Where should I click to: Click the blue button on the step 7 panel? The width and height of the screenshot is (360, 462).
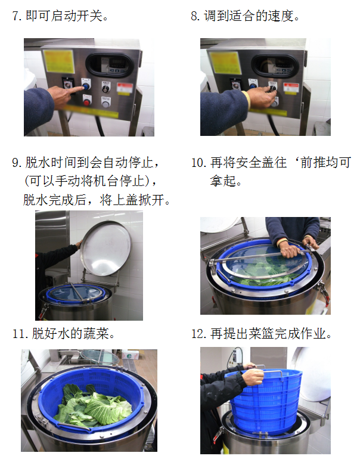[86, 86]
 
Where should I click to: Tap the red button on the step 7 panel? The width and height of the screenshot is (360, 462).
[86, 103]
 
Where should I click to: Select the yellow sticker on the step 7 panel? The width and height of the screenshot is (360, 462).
[58, 61]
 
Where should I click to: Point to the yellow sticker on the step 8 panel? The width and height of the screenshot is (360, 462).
[226, 63]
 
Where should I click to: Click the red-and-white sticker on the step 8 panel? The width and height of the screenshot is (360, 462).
[291, 88]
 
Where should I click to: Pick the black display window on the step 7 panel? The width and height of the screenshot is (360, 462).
[110, 65]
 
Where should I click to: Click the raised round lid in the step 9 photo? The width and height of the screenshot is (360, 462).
[105, 249]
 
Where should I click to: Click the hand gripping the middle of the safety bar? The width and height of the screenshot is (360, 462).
[290, 251]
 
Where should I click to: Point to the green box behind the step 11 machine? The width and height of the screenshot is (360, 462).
[130, 355]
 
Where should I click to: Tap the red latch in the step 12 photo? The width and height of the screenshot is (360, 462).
[218, 433]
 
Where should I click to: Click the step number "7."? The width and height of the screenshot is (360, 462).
[17, 16]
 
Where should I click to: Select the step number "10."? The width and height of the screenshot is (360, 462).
[199, 163]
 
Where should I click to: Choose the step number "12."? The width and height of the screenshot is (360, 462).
[199, 334]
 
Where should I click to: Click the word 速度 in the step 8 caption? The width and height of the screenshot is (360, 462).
[281, 16]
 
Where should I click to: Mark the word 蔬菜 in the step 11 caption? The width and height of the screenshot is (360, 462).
[96, 334]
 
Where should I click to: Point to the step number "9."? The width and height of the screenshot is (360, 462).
[17, 163]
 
